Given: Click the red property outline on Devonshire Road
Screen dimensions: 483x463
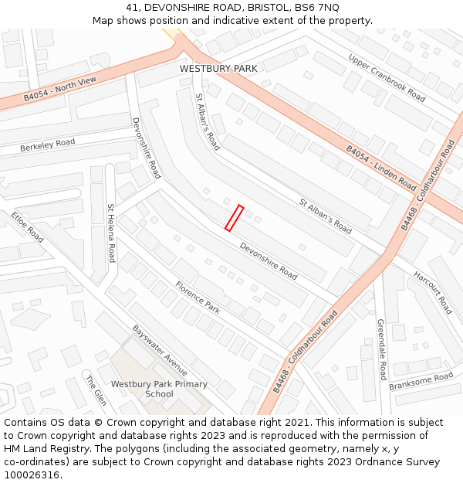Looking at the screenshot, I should coord(234,218).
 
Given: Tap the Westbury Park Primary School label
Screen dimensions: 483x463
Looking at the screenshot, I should coord(159,389).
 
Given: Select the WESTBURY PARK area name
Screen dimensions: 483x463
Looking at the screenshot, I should coord(218,69).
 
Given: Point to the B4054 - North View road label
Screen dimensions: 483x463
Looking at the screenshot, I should coord(60,89).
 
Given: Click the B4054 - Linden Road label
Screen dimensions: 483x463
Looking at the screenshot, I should coord(380,168).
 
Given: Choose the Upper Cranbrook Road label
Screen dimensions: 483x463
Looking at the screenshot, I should coord(387,77).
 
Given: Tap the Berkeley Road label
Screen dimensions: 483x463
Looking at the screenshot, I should coord(47,145).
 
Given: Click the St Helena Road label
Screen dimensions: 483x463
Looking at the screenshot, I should coord(111,233).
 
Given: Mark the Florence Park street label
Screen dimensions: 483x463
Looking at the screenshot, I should coord(198,297).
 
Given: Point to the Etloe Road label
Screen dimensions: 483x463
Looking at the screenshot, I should coord(27,225).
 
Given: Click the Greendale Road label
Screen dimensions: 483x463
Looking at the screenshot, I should coord(381,349).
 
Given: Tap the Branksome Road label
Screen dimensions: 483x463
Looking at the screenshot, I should coord(421,381).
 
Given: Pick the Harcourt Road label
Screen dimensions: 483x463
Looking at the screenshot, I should coord(432,292).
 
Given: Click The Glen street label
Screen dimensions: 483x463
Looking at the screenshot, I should coord(95,391).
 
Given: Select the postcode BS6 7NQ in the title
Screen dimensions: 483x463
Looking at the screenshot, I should coord(319,7).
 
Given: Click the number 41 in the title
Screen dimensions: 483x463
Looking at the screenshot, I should coord(130,7).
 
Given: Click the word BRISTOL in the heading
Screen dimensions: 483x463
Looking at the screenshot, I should coord(271,7).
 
